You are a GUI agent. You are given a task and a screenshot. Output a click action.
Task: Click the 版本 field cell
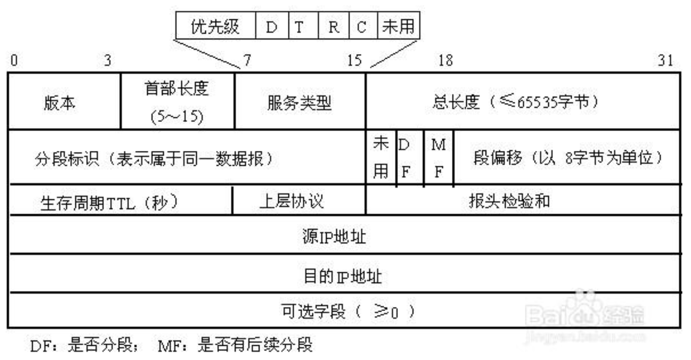(60, 102)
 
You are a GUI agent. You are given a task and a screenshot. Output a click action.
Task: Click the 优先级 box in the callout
(215, 27)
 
